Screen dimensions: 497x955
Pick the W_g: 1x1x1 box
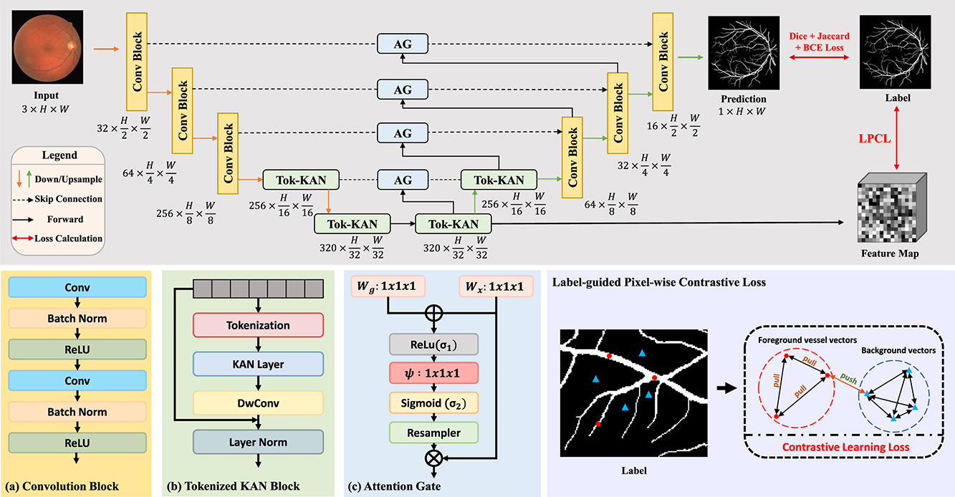387,288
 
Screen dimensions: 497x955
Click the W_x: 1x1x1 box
496,288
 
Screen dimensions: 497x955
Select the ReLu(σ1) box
433,344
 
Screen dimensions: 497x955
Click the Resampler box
433,432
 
